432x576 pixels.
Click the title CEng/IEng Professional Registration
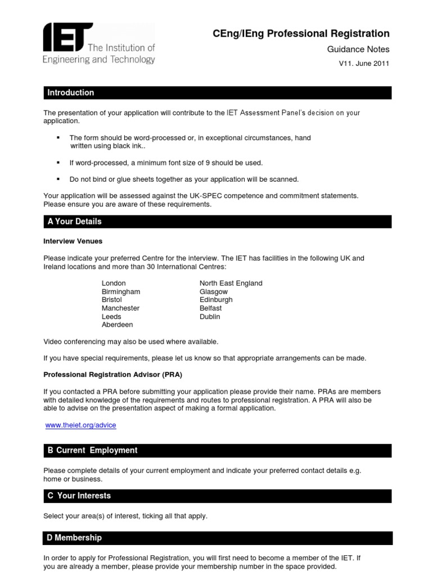(301, 34)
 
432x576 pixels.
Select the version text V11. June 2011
(363, 64)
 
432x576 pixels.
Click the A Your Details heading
(75, 222)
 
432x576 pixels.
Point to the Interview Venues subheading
(73, 241)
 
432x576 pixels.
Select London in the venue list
(114, 283)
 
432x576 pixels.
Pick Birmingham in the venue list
(121, 292)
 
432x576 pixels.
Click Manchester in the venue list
(120, 308)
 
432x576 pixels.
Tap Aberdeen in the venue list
(117, 325)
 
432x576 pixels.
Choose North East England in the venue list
(231, 283)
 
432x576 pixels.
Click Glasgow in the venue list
(213, 292)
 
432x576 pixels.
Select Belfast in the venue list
(210, 308)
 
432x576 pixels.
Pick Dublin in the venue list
(210, 317)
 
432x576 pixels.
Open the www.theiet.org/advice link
(80, 425)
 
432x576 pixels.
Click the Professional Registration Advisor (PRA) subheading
(113, 374)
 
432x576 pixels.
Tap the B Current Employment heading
(93, 451)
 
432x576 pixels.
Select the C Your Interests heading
(79, 496)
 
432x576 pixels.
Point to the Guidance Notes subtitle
(358, 49)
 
